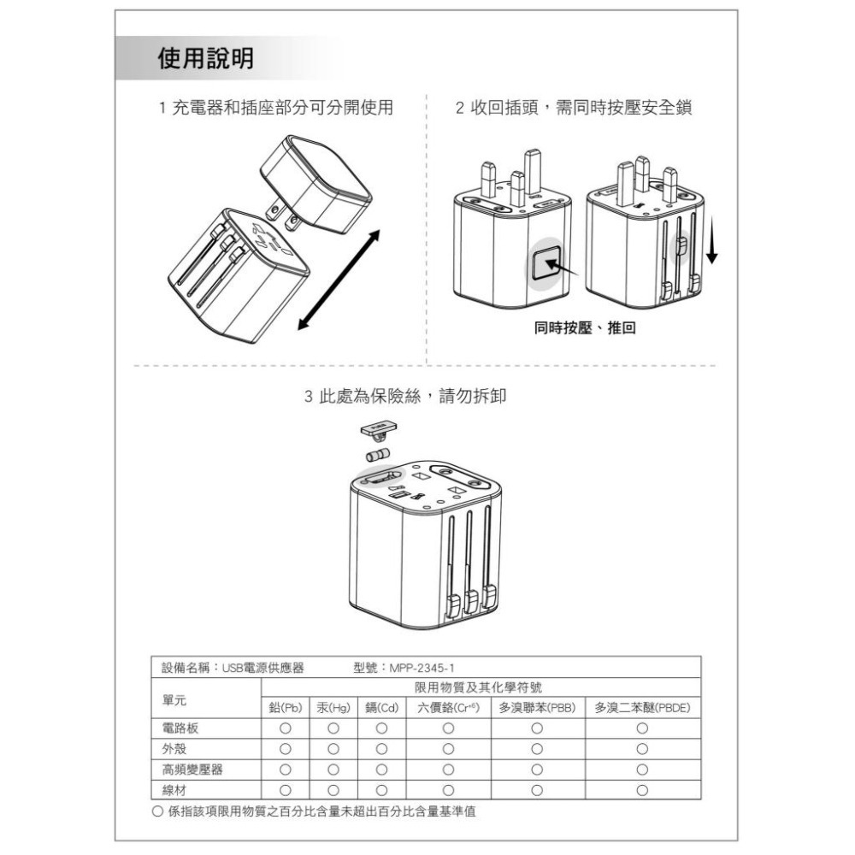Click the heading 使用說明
click(x=205, y=58)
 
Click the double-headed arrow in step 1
click(x=339, y=280)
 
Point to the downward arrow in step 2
click(x=711, y=239)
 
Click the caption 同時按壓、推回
click(x=585, y=327)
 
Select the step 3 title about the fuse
click(x=405, y=396)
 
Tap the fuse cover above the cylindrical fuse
click(x=379, y=430)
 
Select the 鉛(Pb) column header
click(x=286, y=708)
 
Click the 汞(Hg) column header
click(x=333, y=708)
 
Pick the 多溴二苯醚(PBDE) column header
click(x=642, y=708)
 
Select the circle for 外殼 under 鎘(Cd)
click(x=381, y=749)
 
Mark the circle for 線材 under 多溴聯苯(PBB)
click(x=537, y=790)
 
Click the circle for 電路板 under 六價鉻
click(x=448, y=728)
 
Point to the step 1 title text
click(x=276, y=108)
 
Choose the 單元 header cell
click(x=174, y=700)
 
